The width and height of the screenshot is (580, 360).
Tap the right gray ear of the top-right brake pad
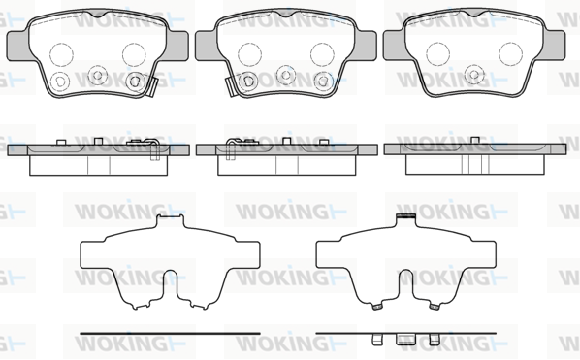(x=554, y=46)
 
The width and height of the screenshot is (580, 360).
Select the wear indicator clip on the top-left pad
(x=151, y=87)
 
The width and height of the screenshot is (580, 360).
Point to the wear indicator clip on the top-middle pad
(x=232, y=87)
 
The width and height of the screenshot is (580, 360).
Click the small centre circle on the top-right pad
(x=474, y=74)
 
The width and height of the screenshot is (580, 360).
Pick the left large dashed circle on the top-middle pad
(x=249, y=54)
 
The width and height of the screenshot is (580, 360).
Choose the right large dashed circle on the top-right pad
(x=510, y=54)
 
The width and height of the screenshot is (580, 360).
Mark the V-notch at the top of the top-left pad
(x=98, y=14)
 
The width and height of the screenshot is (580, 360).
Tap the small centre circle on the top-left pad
(x=98, y=75)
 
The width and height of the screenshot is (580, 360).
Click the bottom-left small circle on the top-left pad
(x=59, y=82)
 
